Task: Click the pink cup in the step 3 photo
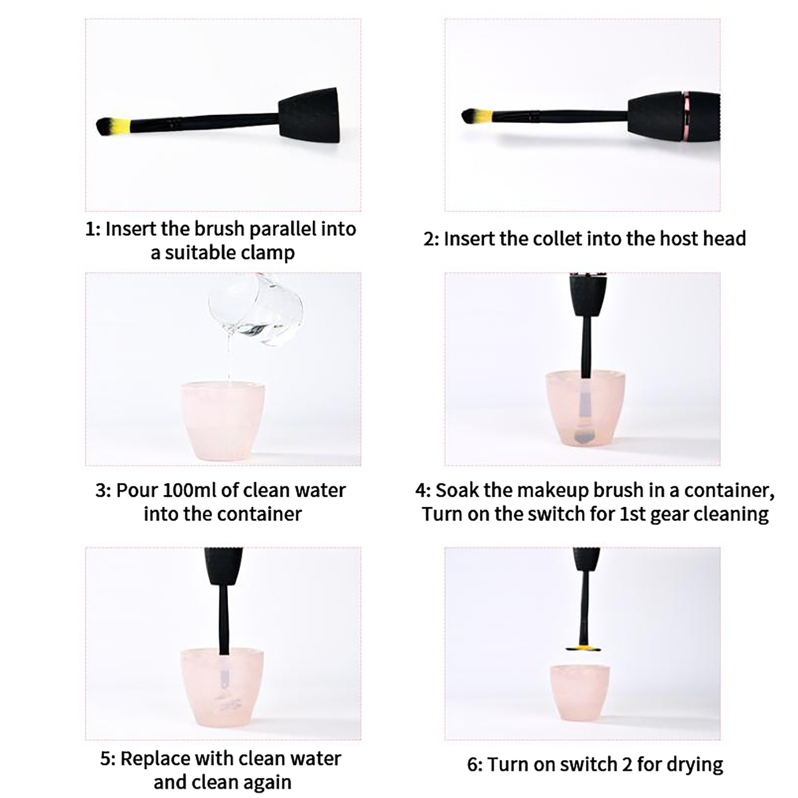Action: pyautogui.click(x=223, y=421)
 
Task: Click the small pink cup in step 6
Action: pyautogui.click(x=580, y=693)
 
